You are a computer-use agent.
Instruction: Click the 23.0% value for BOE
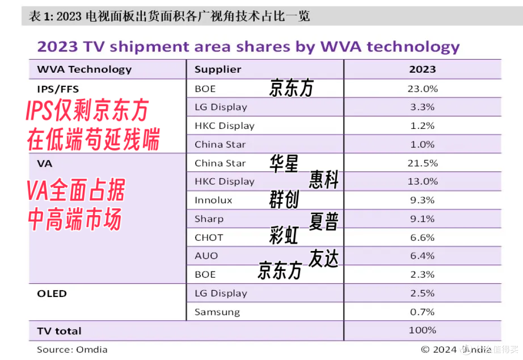(422, 89)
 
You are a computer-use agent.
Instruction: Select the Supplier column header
(218, 69)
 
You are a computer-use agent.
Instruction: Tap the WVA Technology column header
(84, 69)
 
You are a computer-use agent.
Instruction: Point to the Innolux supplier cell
(214, 200)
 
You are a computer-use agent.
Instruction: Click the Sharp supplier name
(209, 219)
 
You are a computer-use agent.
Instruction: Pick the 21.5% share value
(422, 163)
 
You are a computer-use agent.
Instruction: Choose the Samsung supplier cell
(217, 313)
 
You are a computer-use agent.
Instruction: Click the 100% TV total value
(422, 330)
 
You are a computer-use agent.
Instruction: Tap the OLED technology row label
(52, 294)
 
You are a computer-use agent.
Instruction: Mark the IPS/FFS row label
(58, 89)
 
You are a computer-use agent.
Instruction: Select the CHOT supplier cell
(209, 237)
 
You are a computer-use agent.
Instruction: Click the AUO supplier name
(206, 256)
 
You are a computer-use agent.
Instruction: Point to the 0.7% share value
(422, 312)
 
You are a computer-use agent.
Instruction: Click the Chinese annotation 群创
(284, 200)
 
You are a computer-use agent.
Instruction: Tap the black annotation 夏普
(323, 221)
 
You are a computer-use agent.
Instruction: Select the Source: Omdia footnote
(72, 350)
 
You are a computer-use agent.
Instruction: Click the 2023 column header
(422, 69)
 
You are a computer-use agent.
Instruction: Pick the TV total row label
(60, 331)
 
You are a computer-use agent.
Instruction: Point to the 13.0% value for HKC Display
(422, 182)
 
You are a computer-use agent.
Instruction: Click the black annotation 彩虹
(284, 235)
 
